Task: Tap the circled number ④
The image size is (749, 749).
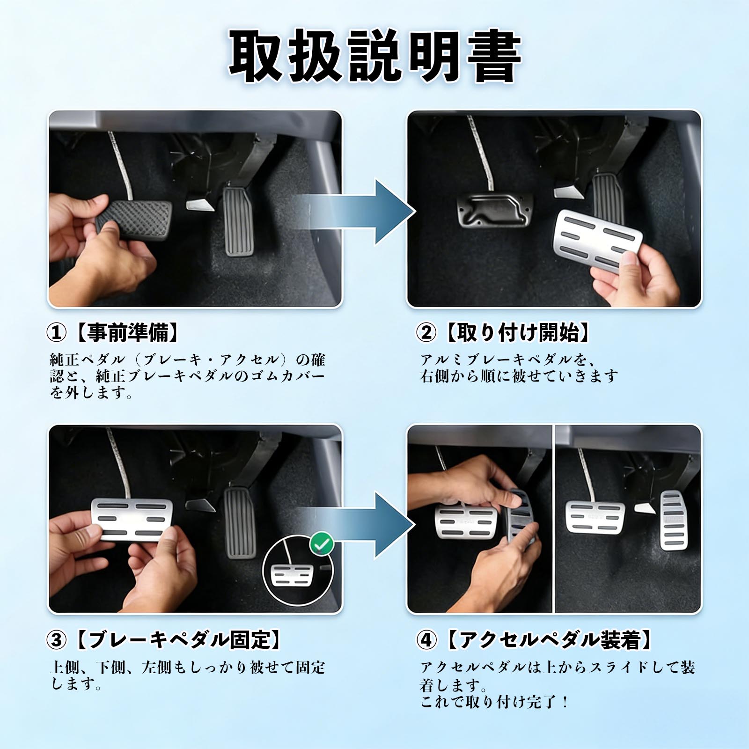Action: pos(426,639)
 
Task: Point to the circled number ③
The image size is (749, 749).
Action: pos(57,639)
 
